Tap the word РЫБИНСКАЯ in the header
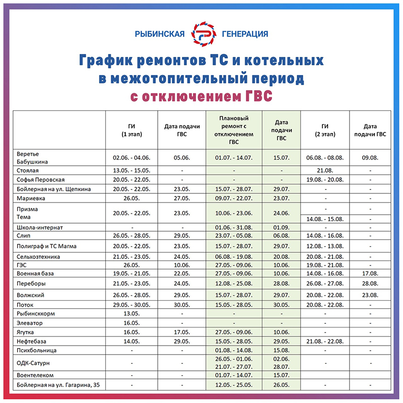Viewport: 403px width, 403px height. click(160, 34)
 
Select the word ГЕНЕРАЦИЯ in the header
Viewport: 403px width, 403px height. click(245, 34)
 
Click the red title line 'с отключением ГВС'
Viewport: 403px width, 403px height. click(201, 96)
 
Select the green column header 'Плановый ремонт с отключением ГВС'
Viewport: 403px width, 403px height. click(234, 130)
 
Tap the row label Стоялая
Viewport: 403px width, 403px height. click(28, 171)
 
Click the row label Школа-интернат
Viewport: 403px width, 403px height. click(38, 227)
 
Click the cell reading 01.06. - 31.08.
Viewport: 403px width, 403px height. click(234, 227)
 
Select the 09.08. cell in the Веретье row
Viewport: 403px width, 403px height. click(370, 157)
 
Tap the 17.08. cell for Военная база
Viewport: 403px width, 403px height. click(370, 273)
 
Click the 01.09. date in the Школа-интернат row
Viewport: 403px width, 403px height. click(281, 227)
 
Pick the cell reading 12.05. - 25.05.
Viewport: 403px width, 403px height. click(234, 385)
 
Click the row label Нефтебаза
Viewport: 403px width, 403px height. click(32, 342)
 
